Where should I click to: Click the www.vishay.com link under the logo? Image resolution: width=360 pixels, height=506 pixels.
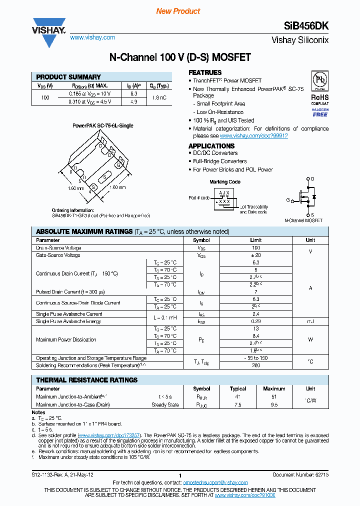coord(92,37)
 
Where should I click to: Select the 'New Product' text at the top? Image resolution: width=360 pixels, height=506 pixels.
coord(178,11)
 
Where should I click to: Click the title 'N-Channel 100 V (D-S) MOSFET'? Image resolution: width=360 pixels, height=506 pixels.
coord(180,57)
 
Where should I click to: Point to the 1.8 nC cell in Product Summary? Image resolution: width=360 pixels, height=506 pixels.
coord(160,97)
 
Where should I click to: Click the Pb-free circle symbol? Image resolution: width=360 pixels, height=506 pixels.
coord(319,81)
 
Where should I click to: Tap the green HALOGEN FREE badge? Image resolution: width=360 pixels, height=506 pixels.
coord(320,112)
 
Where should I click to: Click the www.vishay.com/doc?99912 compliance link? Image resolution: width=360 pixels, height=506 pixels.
coord(253,135)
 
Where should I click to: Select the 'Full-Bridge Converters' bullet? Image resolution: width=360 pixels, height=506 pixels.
coord(219,161)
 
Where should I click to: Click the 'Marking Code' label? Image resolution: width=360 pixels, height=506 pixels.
coord(224,182)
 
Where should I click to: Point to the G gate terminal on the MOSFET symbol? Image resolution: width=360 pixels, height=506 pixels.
coord(288,200)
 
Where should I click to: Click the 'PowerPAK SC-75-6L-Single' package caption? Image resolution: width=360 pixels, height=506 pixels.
coord(102,126)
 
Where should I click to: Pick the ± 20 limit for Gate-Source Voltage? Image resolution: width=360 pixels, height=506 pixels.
coord(256,255)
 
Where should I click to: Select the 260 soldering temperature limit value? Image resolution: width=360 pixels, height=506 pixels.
coord(256,365)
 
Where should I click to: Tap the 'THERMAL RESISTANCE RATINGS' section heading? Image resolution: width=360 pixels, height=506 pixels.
coord(86,380)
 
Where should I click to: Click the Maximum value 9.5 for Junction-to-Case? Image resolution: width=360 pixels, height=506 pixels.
coord(274,404)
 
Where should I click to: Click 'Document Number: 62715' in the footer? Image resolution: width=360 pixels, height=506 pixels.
coord(300,475)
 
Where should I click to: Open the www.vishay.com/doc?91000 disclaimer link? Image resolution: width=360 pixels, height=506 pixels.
coord(245,494)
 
